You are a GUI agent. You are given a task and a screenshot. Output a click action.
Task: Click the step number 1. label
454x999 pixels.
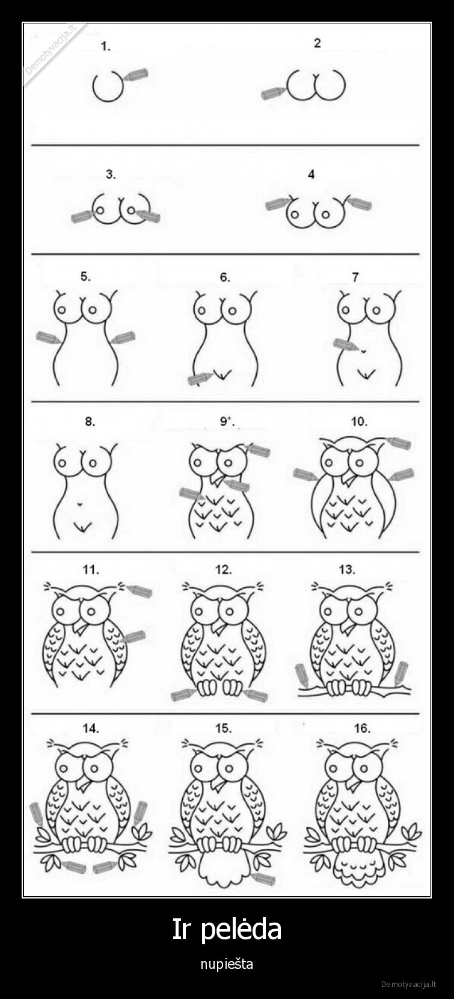point(106,46)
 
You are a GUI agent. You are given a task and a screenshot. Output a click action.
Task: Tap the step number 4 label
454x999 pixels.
point(311,175)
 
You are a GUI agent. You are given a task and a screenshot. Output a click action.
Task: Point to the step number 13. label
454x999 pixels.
point(347,569)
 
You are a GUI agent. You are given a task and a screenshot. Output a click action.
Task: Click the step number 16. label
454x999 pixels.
point(362,728)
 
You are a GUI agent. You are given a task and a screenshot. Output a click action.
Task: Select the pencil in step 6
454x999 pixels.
point(200,378)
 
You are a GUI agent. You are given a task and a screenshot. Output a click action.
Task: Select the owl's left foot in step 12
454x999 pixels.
point(206,687)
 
